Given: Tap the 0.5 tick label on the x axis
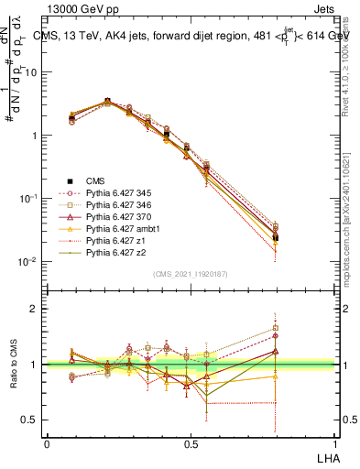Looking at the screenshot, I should coord(190,442).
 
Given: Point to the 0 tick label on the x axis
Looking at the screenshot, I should coord(47,442).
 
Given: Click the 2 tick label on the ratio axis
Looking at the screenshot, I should coord(35,309).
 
